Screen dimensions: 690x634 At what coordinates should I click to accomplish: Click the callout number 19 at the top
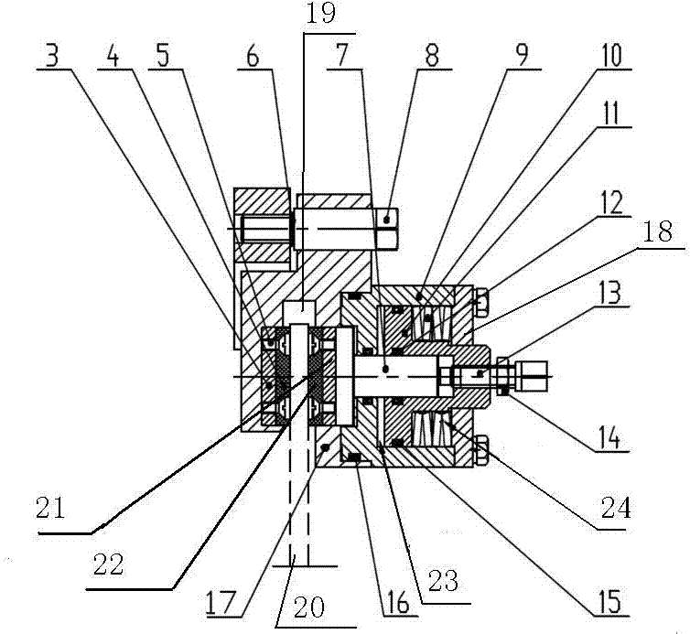click(319, 14)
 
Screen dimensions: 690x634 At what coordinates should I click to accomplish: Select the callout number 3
click(51, 56)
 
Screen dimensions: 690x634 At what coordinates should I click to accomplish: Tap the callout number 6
click(253, 56)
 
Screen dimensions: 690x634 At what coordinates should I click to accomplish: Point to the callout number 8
click(432, 56)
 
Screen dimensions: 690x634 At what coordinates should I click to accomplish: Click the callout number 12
click(611, 203)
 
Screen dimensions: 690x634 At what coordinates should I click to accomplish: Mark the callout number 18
click(657, 231)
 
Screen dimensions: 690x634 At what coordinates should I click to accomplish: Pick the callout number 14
click(611, 437)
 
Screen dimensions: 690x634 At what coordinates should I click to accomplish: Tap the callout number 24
click(615, 508)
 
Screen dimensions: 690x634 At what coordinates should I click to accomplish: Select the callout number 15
click(610, 600)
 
